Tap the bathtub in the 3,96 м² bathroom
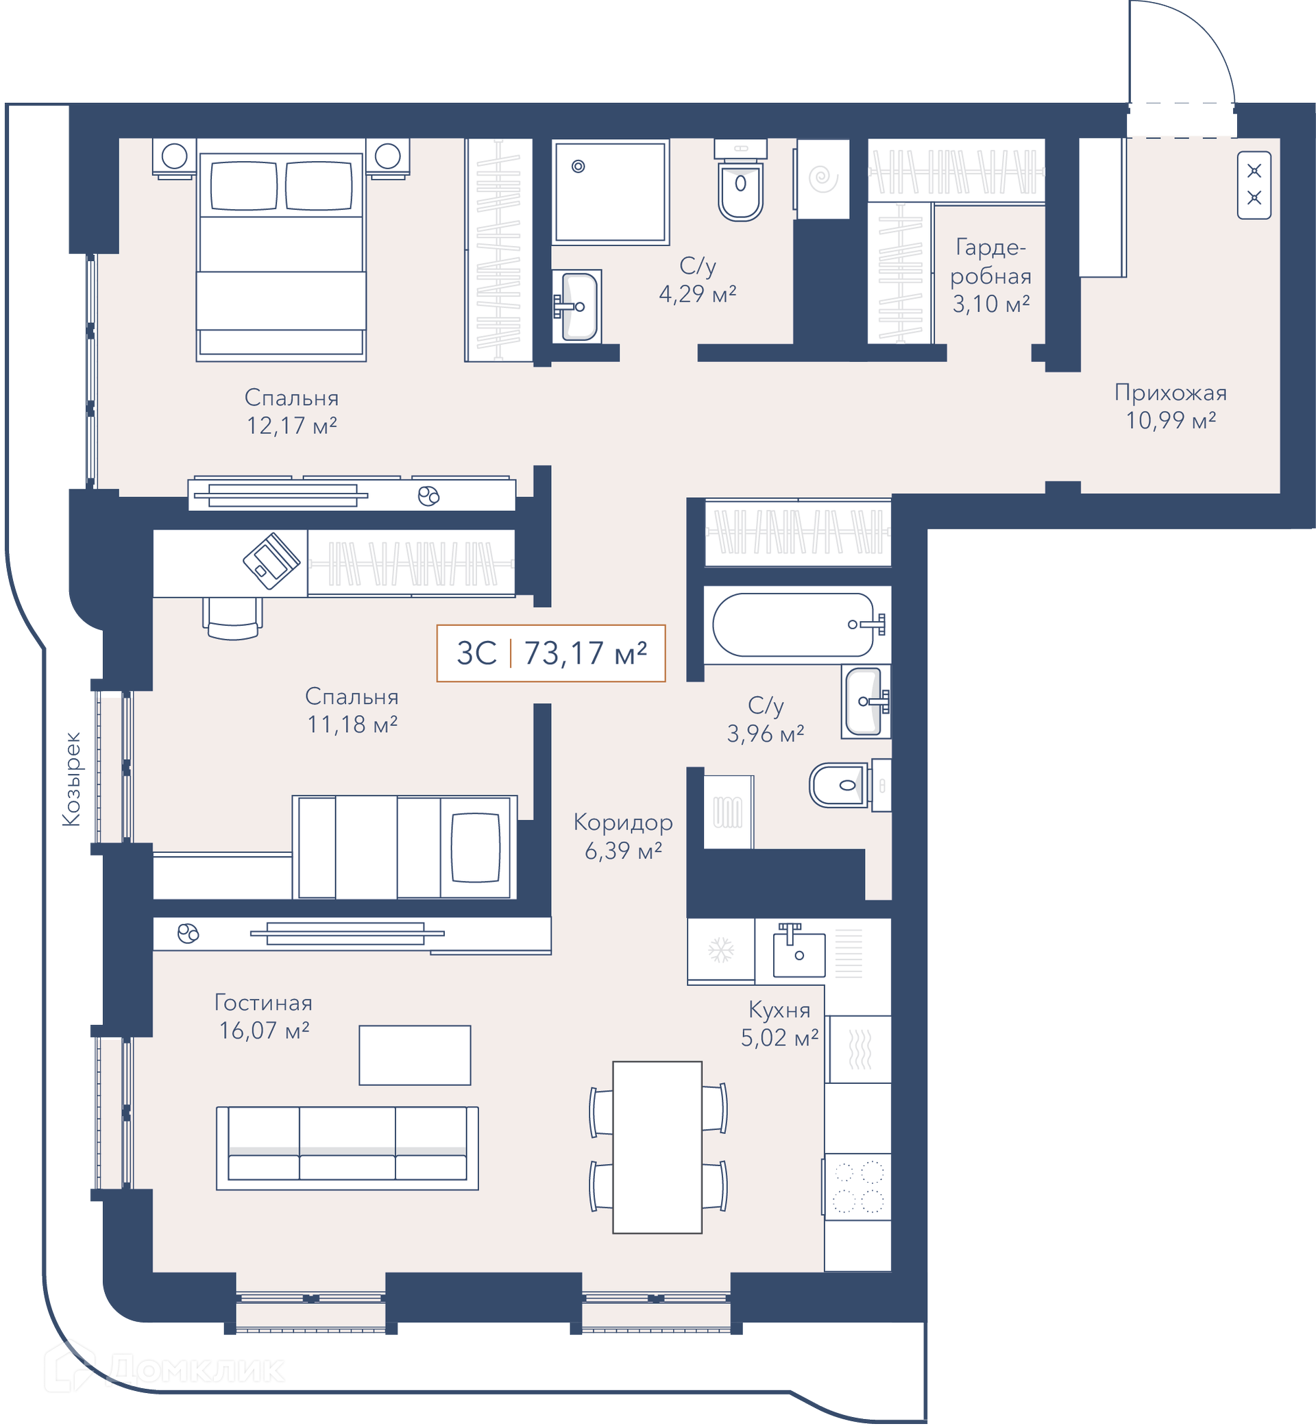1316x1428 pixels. pos(798,625)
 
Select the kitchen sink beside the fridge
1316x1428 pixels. pos(799,949)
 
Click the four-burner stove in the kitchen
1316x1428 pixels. pos(857,1187)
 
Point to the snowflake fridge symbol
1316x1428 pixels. pos(720,949)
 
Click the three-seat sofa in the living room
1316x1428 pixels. pos(347,1148)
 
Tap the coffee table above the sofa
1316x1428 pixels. pos(415,1056)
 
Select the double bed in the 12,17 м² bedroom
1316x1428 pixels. pos(281,250)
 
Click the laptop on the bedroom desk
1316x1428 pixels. pos(271,561)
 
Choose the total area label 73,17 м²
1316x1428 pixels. pos(585,653)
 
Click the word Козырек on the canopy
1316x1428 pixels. pos(71,779)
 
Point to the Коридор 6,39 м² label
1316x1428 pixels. pos(623,836)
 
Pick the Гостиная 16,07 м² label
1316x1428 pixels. pos(263,1017)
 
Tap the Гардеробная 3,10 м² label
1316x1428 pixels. pos(990,276)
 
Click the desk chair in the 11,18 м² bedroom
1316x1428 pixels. pos(233,618)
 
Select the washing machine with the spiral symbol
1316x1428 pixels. pos(823,179)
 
